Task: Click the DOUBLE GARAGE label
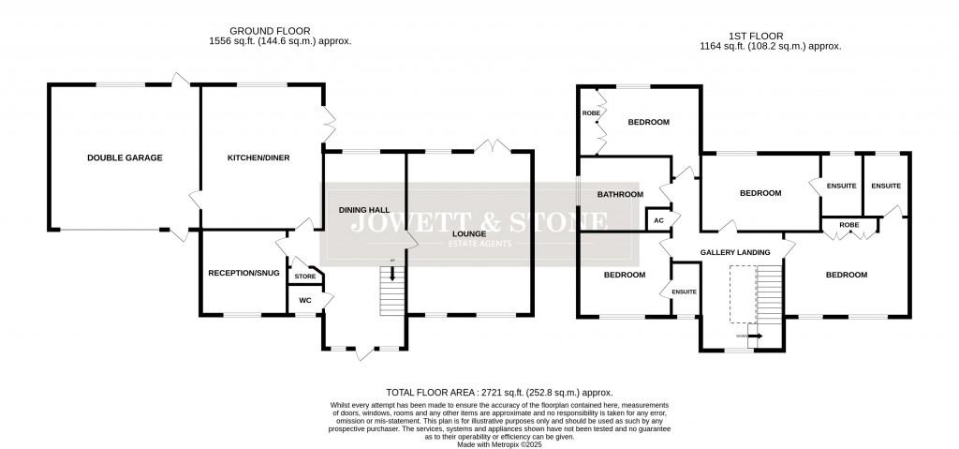click(125, 158)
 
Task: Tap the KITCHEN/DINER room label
click(258, 158)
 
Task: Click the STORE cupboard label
click(305, 277)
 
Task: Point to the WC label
click(304, 300)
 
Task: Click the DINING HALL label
click(363, 211)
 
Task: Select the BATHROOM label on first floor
click(621, 194)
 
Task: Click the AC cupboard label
click(658, 220)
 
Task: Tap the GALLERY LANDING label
click(735, 252)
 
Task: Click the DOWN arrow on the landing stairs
click(752, 335)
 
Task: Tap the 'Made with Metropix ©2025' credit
click(499, 444)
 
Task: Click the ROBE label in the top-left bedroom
click(591, 113)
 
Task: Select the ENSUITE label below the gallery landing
click(684, 292)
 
